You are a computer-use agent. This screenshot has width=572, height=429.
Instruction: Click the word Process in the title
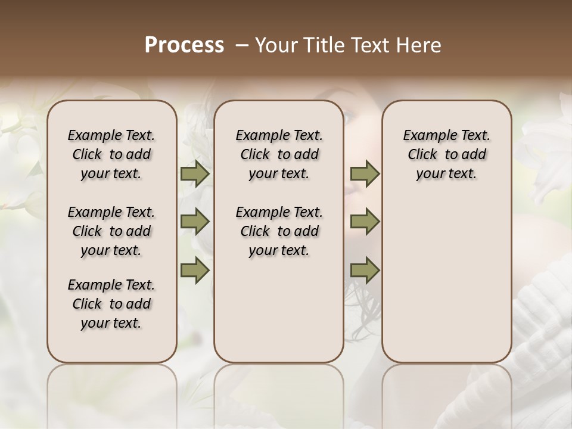[x=184, y=45]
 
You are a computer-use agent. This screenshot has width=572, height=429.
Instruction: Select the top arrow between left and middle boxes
[x=195, y=174]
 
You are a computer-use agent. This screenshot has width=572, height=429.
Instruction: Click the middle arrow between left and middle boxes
[x=195, y=222]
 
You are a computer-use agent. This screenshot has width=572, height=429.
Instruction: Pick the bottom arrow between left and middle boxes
[x=195, y=271]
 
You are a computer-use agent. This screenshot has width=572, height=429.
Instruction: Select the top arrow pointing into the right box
[x=365, y=174]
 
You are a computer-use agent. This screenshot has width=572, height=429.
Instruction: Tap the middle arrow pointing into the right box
[x=365, y=222]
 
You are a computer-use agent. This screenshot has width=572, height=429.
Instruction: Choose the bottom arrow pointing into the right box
[x=365, y=271]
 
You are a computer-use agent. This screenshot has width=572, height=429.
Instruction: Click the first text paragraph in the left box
[x=111, y=154]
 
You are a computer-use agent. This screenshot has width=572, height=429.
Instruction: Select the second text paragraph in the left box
[x=111, y=231]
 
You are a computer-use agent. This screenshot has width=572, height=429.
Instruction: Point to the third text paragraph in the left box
[x=111, y=304]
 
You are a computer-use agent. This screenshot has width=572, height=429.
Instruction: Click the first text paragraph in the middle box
[x=279, y=154]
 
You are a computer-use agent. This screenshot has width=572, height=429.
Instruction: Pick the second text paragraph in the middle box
[x=279, y=231]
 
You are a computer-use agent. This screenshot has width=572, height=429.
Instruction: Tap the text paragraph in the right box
[x=446, y=154]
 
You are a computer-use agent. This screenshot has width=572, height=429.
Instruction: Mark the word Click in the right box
[x=422, y=155]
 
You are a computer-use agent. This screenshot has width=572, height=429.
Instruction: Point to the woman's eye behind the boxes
[x=349, y=117]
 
